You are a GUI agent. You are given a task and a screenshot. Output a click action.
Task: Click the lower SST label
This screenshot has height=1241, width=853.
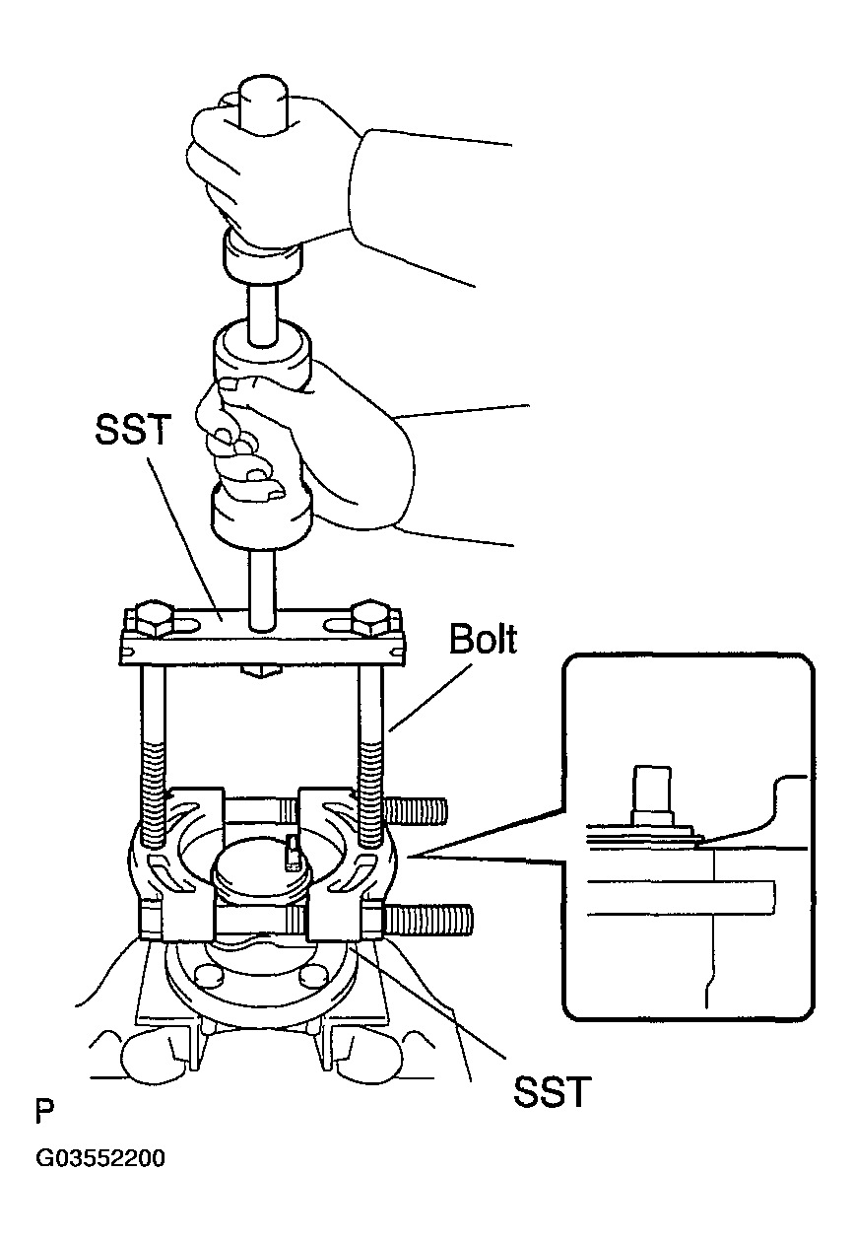551,1091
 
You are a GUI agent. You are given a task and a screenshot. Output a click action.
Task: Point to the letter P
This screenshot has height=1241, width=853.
45,1113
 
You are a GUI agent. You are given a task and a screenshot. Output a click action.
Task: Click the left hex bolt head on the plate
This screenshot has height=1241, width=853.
150,617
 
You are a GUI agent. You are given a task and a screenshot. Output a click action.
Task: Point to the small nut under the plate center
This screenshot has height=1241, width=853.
260,671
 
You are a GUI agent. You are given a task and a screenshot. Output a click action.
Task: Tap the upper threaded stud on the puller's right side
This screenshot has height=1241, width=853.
418,811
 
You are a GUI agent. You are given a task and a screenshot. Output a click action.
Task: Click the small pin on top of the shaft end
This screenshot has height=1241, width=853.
291,851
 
